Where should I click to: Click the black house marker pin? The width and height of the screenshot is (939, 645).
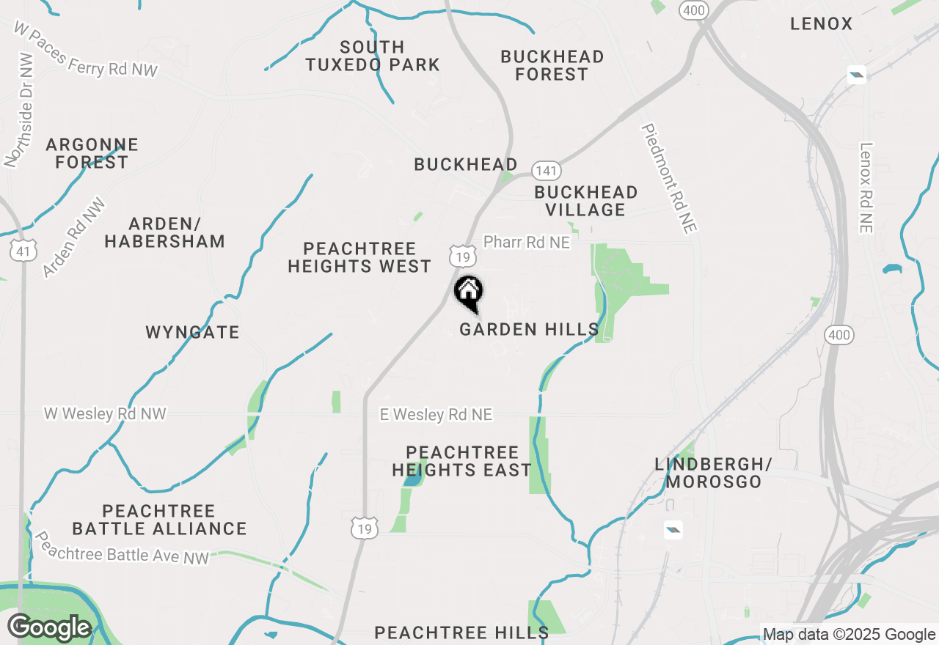pyautogui.click(x=468, y=292)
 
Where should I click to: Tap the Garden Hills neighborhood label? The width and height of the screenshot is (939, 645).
pyautogui.click(x=529, y=330)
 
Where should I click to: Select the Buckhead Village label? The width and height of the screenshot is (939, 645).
pyautogui.click(x=585, y=201)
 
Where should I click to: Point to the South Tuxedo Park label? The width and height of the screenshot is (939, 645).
pyautogui.click(x=373, y=56)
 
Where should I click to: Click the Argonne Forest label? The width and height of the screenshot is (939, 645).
pyautogui.click(x=92, y=153)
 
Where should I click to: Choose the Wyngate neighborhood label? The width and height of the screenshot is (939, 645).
pyautogui.click(x=192, y=333)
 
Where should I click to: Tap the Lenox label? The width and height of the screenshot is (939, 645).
pyautogui.click(x=822, y=24)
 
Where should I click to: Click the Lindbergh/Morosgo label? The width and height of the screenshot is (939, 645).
pyautogui.click(x=714, y=473)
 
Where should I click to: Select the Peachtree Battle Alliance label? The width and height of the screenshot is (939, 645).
pyautogui.click(x=159, y=520)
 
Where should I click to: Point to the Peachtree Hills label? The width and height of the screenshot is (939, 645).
pyautogui.click(x=461, y=633)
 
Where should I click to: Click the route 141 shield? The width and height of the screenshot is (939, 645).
pyautogui.click(x=547, y=171)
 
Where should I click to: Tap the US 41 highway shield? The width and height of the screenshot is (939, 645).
pyautogui.click(x=24, y=251)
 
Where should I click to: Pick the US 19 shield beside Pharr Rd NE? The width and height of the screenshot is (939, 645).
pyautogui.click(x=463, y=256)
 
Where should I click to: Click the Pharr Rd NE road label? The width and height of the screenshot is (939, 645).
pyautogui.click(x=527, y=242)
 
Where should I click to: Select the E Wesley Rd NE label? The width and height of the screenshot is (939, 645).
pyautogui.click(x=436, y=415)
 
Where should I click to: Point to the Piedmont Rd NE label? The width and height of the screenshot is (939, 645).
pyautogui.click(x=668, y=179)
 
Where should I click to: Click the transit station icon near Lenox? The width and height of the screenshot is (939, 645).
pyautogui.click(x=856, y=74)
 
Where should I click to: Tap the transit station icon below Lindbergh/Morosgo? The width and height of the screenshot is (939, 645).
pyautogui.click(x=673, y=530)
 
